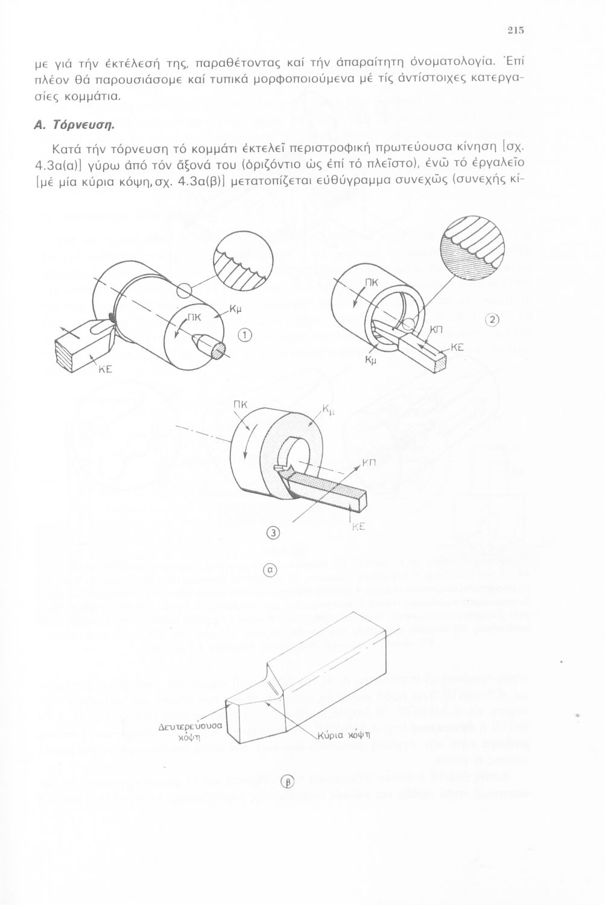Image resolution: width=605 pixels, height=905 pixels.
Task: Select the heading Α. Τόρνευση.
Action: [x=75, y=126]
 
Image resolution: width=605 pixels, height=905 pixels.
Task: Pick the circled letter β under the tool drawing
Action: [x=287, y=783]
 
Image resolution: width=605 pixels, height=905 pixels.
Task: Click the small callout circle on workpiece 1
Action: [x=185, y=291]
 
